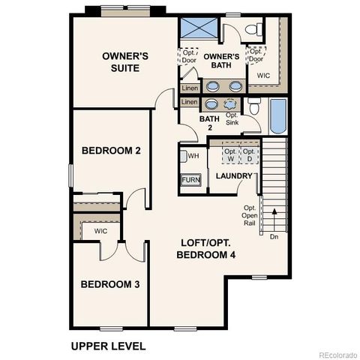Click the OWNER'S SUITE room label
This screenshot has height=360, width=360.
pyautogui.click(x=125, y=63)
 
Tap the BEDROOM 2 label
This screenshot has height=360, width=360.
pyautogui.click(x=111, y=150)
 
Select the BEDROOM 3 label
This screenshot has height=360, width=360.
pyautogui.click(x=110, y=284)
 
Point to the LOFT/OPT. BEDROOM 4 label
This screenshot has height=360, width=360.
pyautogui.click(x=206, y=249)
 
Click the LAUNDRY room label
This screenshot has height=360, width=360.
pyautogui.click(x=234, y=176)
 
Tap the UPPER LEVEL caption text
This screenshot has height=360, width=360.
pyautogui.click(x=108, y=346)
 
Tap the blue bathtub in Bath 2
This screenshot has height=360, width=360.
pyautogui.click(x=277, y=117)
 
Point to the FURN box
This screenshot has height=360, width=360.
pyautogui.click(x=190, y=181)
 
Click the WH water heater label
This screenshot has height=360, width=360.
pyautogui.click(x=193, y=156)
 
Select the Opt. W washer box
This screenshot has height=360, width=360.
pyautogui.click(x=229, y=155)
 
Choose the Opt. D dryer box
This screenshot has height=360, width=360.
pyautogui.click(x=249, y=155)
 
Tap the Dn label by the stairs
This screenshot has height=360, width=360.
pyautogui.click(x=274, y=236)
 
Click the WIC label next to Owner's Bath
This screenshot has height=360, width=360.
pyautogui.click(x=263, y=76)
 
